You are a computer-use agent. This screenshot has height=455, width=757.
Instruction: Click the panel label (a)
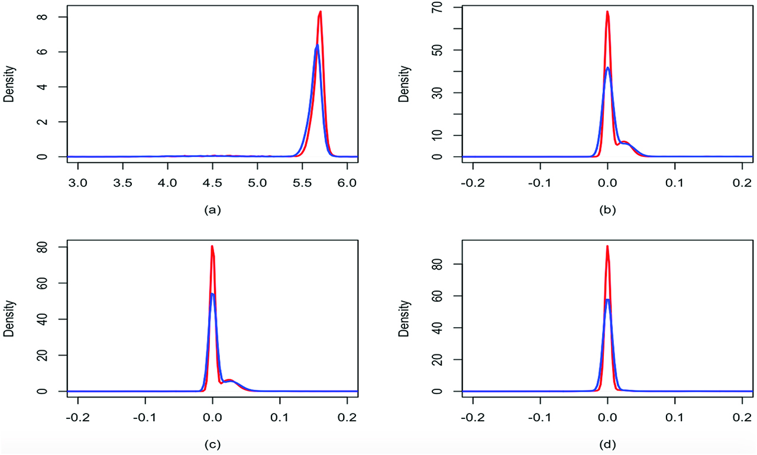point(212,209)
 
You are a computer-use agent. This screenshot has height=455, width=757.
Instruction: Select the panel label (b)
point(607,209)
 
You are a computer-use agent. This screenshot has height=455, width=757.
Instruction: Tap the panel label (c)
point(212,444)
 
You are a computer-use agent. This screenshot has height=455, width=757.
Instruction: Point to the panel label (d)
point(607,444)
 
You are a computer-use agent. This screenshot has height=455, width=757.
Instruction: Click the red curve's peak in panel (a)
point(320,12)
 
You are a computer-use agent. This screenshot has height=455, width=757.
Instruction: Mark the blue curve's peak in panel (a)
point(317,46)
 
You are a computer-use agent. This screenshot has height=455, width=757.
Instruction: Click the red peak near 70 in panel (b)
point(607,12)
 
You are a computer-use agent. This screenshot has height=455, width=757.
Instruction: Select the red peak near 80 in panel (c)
point(212,246)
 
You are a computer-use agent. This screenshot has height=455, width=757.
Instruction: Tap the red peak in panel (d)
point(607,246)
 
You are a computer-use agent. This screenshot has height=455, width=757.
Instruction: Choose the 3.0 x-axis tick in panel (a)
point(78,177)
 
